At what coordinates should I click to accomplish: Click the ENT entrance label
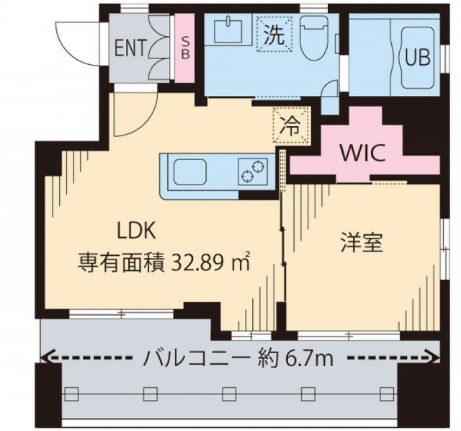[x=130, y=48]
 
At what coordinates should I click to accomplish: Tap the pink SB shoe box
[x=185, y=49]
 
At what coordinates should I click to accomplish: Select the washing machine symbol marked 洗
[x=274, y=35]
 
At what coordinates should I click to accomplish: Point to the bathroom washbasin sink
[x=228, y=30]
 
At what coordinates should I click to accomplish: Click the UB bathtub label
[x=418, y=57]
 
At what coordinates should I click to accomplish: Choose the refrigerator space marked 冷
[x=290, y=125]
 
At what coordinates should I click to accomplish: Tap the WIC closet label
[x=362, y=153]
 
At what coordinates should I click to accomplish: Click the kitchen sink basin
[x=189, y=172]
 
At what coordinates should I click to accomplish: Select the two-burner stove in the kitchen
[x=253, y=172]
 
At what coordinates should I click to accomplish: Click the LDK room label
[x=136, y=231]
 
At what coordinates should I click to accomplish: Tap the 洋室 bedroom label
[x=362, y=243]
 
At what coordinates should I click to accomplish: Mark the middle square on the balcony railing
[x=229, y=394]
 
